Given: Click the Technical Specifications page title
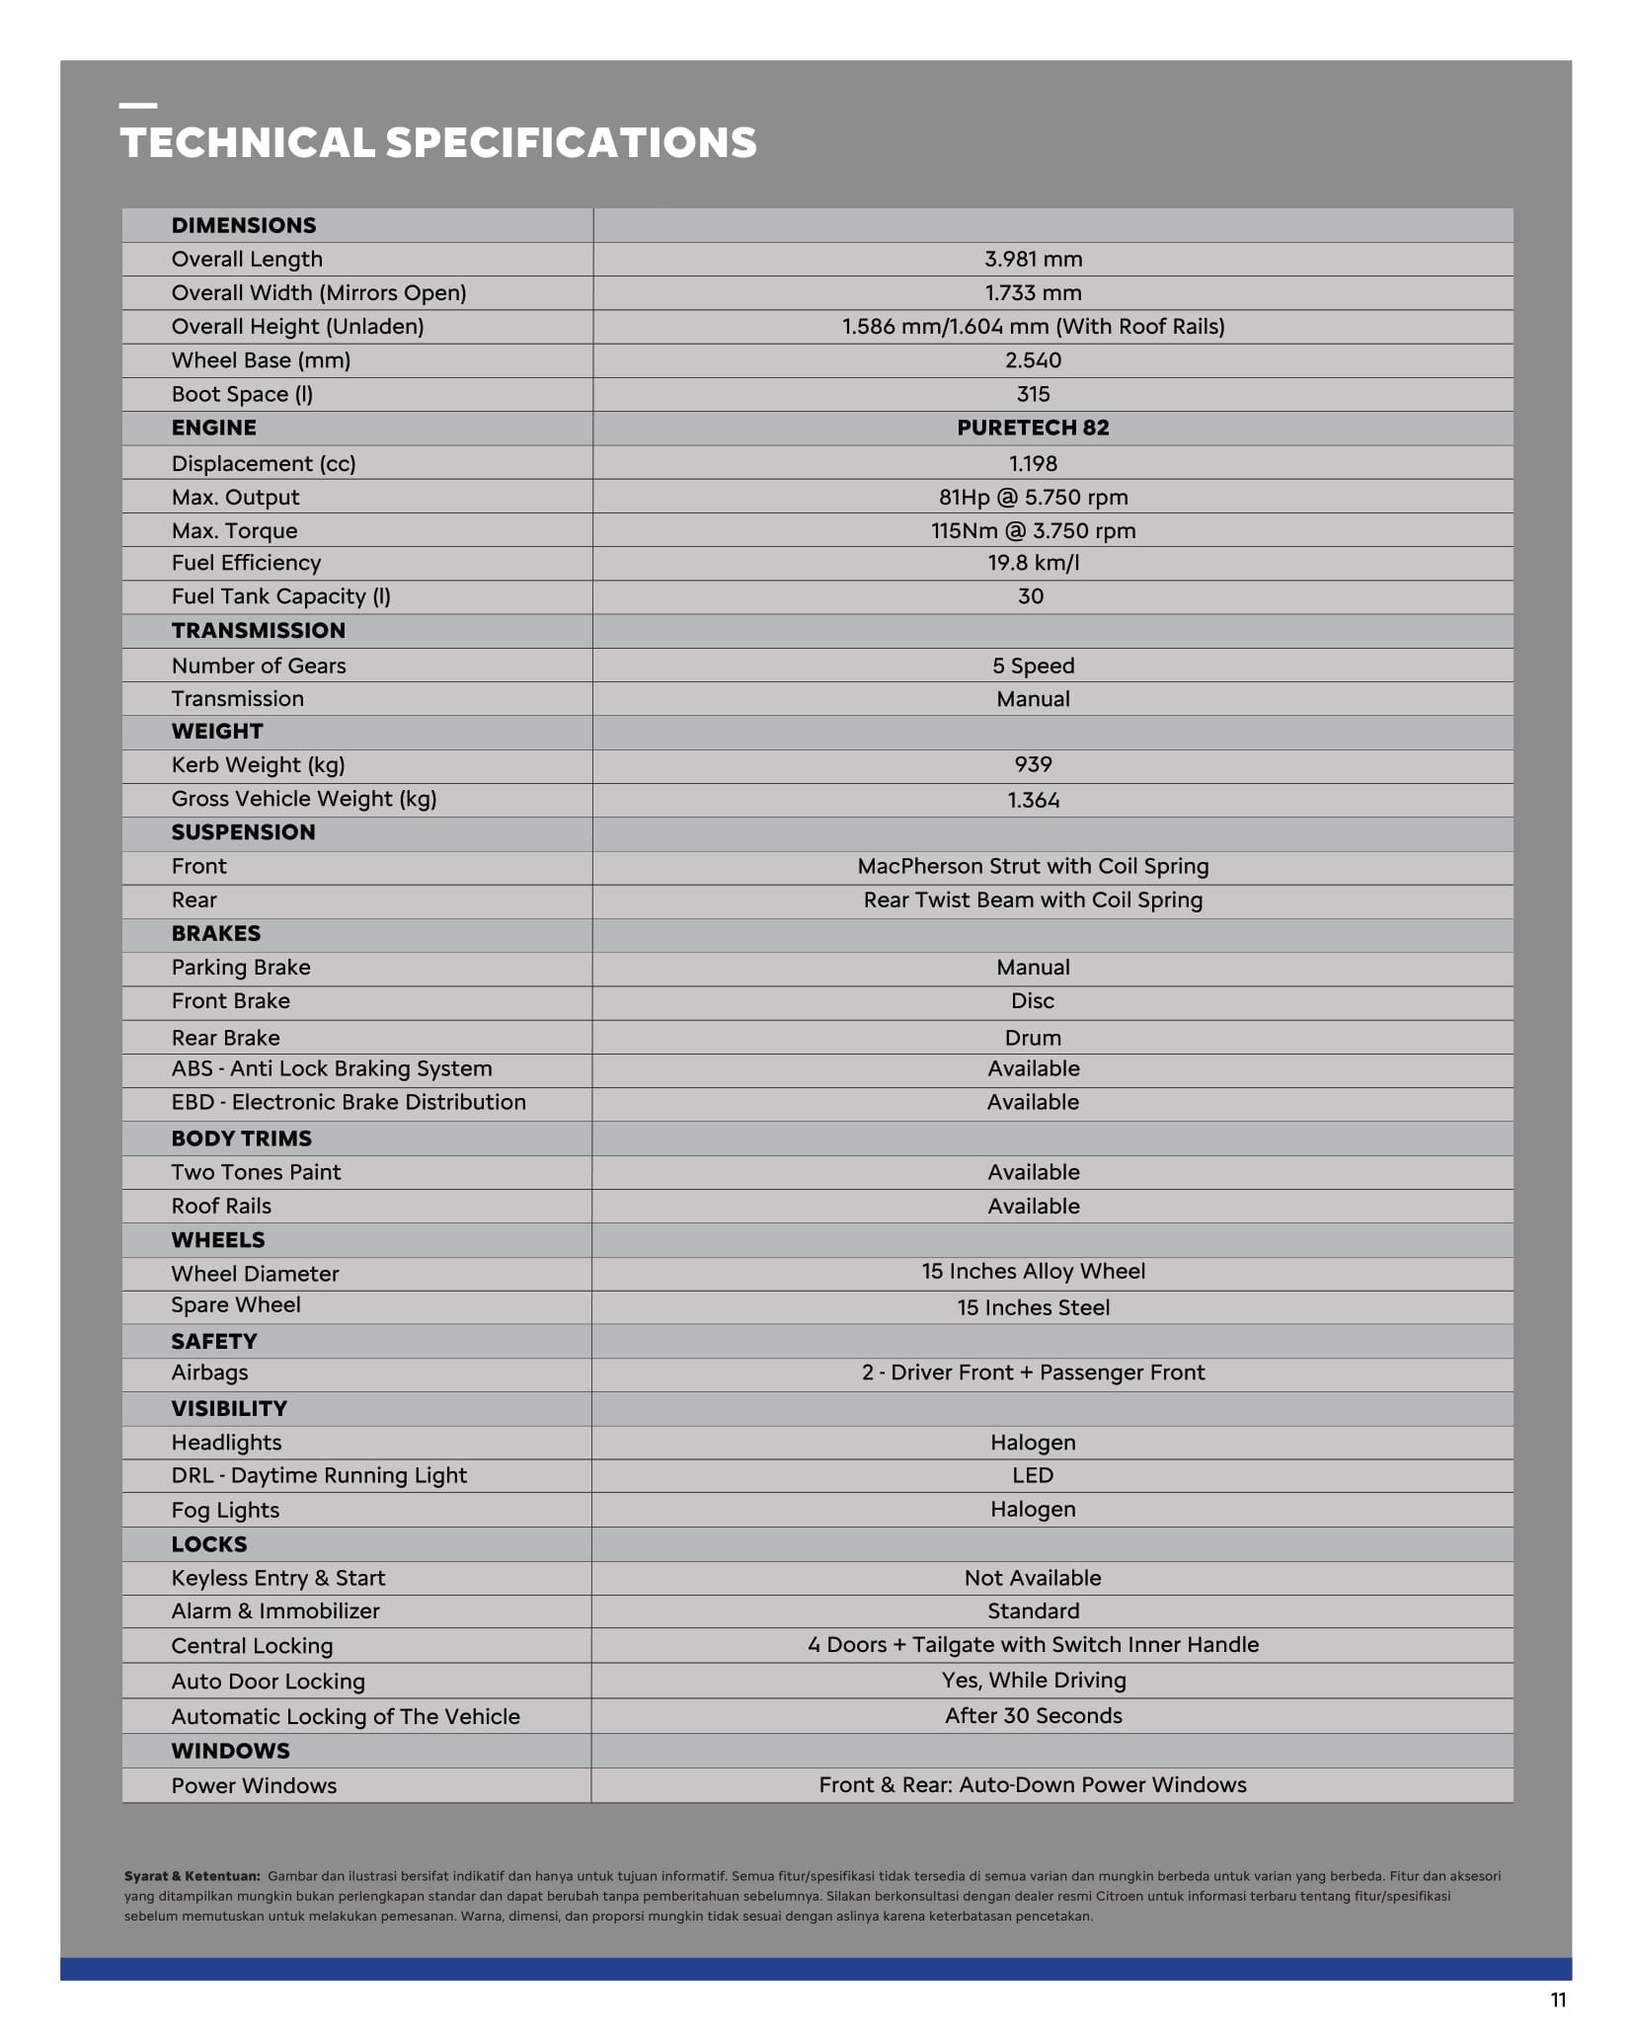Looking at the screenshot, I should (x=438, y=143).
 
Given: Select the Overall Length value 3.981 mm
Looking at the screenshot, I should (x=1033, y=260).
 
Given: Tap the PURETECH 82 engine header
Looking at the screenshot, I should (x=1033, y=428).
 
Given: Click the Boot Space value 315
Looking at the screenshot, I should (x=1033, y=394).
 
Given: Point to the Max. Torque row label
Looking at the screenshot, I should (x=234, y=531).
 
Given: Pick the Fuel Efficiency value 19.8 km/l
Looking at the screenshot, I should (x=1033, y=563).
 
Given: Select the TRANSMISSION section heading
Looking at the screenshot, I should (x=259, y=631).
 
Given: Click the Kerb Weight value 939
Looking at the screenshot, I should (x=1033, y=764).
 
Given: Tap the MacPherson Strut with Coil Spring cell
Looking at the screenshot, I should (x=1033, y=866).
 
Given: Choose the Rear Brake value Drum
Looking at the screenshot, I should (x=1033, y=1038).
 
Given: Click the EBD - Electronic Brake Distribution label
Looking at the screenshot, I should (x=349, y=1102).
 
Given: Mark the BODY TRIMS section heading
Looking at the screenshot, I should (x=241, y=1138).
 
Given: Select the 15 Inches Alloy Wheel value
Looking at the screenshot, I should (x=1033, y=1272).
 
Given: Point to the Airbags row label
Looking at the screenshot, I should (x=209, y=1373).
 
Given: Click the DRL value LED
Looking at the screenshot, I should (x=1033, y=1475).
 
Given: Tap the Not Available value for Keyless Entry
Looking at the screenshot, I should (x=1033, y=1578).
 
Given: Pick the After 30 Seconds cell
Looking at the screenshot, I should (x=1033, y=1715).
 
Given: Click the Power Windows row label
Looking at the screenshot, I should (x=254, y=1785).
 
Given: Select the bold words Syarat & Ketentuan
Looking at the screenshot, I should (x=193, y=1876).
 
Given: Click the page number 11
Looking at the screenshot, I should (x=1558, y=2001).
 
